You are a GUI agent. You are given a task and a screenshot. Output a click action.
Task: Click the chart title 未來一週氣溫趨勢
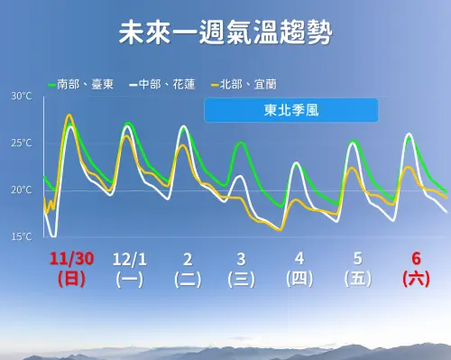tap(225, 35)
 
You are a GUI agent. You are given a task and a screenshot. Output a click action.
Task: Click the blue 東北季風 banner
tap(290, 110)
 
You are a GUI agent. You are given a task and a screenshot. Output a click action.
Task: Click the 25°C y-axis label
tap(22, 143)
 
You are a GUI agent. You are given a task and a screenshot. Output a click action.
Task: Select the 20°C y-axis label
tap(22, 190)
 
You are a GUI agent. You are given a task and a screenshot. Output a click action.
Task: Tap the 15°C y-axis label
tap(22, 237)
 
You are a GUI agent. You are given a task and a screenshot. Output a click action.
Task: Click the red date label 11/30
tap(70, 259)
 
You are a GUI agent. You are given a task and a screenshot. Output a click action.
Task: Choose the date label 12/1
tap(129, 259)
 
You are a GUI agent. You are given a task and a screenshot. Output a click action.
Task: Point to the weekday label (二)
tap(187, 279)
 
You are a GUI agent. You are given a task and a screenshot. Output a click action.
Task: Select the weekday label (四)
tap(299, 279)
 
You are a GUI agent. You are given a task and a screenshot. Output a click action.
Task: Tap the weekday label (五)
tap(357, 279)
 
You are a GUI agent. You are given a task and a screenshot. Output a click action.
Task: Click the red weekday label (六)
tap(414, 279)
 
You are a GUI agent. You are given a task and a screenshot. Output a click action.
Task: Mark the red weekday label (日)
tap(70, 279)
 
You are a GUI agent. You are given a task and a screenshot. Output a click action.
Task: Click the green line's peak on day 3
tap(241, 143)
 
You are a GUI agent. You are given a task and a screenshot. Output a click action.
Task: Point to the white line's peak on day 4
tap(297, 163)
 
